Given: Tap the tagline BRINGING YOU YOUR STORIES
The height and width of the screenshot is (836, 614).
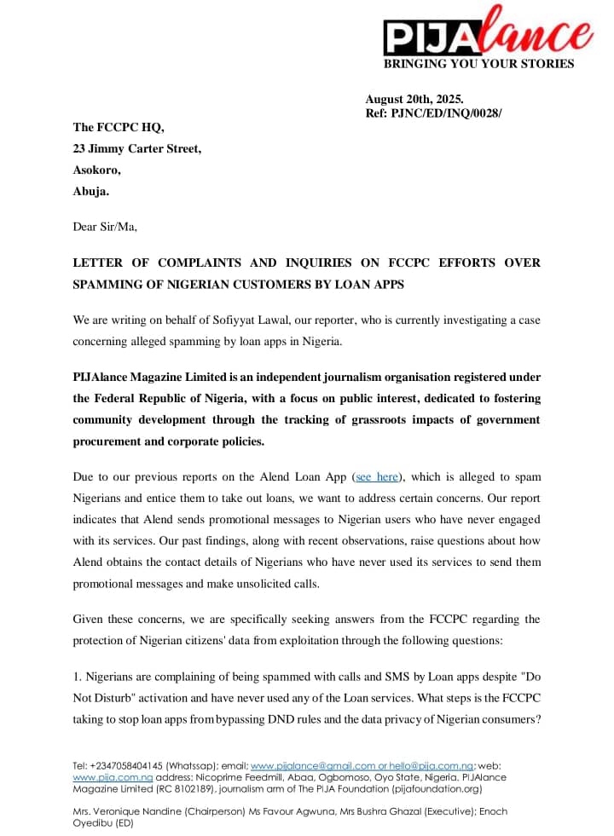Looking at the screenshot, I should point(478,64).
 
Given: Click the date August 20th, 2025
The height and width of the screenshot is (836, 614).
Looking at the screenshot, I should point(414,100).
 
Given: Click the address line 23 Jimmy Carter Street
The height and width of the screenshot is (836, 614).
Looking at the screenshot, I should point(137,149).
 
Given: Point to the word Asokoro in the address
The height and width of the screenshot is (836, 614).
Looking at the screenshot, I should point(96,170).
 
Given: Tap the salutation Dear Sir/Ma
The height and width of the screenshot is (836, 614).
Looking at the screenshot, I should point(105,227).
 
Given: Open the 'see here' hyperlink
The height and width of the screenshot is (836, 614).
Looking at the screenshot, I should point(377,477).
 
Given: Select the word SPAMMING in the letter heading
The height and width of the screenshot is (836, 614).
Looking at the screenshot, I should point(110,284).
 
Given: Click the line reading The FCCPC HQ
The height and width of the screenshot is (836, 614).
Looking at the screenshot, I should point(119,128).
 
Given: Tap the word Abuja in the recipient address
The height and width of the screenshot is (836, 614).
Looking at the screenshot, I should point(91,192).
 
